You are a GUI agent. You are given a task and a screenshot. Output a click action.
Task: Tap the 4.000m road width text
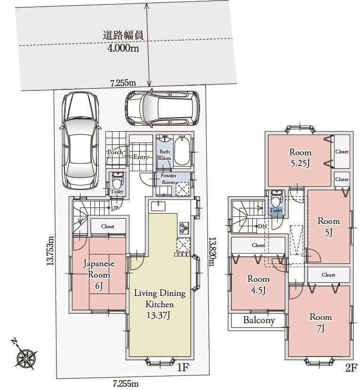pyautogui.click(x=123, y=48)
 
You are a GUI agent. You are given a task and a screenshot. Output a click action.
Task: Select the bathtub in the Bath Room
pyautogui.click(x=182, y=151)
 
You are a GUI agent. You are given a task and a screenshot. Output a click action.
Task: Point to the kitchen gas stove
pyautogui.click(x=184, y=228)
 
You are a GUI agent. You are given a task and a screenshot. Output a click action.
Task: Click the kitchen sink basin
pyautogui.click(x=158, y=206)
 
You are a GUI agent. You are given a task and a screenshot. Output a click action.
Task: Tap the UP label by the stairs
pyautogui.click(x=115, y=208)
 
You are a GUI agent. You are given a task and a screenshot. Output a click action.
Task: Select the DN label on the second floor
pyautogui.click(x=263, y=226)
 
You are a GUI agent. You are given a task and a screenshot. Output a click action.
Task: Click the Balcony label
pyautogui.click(x=259, y=320)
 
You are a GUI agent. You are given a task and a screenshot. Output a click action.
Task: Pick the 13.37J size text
pyautogui.click(x=159, y=315)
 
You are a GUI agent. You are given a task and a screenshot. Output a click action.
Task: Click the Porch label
pyautogui.click(x=115, y=152)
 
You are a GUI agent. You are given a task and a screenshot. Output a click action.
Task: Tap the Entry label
pyautogui.click(x=141, y=157)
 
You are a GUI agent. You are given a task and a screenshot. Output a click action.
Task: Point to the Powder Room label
pyautogui.click(x=168, y=179)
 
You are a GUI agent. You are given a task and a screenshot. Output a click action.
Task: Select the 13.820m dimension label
pyautogui.click(x=212, y=251)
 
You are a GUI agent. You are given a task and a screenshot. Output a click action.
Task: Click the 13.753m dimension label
pyautogui.click(x=50, y=250)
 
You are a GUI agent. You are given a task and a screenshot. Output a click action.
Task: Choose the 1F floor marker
pyautogui.click(x=183, y=367)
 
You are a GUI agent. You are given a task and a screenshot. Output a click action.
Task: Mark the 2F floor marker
pyautogui.click(x=351, y=368)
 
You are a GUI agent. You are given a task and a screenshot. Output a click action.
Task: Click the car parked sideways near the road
pyautogui.click(x=162, y=108)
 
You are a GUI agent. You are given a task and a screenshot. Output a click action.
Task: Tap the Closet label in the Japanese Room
pyautogui.click(x=108, y=226)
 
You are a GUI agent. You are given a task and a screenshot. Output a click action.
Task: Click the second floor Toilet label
pyautogui.click(x=276, y=210)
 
